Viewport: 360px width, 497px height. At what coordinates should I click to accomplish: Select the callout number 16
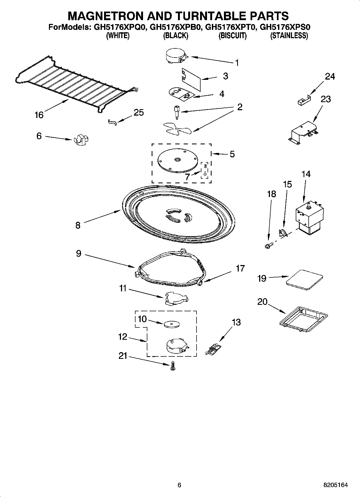point(39,115)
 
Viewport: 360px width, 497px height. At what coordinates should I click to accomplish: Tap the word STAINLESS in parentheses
point(289,35)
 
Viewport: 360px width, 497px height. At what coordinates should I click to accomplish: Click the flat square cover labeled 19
point(304,279)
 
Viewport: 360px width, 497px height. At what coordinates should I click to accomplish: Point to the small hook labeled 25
point(113,123)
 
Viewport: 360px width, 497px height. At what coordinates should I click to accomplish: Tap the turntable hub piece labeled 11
point(176,299)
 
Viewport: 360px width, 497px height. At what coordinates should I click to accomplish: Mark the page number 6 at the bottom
point(179,485)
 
